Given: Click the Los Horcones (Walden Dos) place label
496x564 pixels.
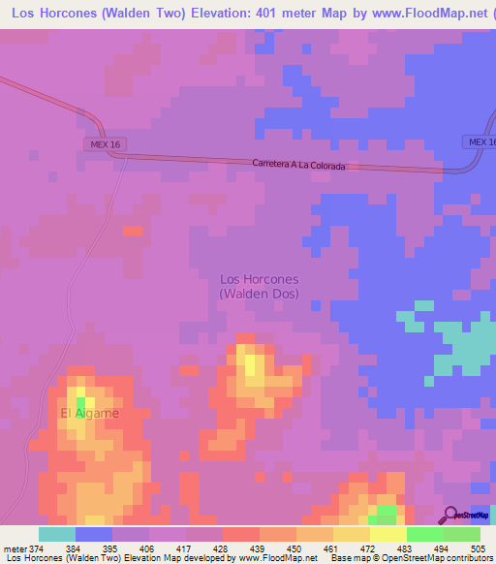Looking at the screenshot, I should coord(259,286).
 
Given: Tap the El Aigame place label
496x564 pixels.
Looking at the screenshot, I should coord(90,414).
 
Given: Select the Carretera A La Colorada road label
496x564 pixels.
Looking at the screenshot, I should coord(297,165).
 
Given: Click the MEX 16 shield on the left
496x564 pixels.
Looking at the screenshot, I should coord(104,144).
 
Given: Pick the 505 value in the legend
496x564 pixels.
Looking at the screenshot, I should coord(478,548).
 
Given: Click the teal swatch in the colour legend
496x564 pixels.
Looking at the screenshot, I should coord(56,534).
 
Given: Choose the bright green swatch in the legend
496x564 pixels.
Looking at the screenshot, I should coord(424,534).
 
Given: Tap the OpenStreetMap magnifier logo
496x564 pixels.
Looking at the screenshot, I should coord(449,515).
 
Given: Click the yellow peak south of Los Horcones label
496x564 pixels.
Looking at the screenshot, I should coord(252,364).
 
